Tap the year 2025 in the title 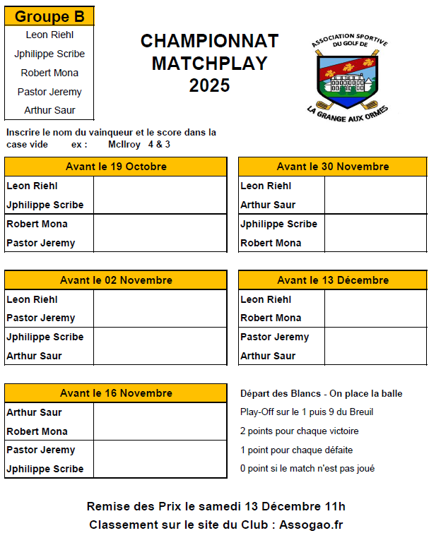pos(209,86)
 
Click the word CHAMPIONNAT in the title pos(209,41)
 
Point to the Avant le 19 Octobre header pos(116,167)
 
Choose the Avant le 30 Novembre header pos(332,167)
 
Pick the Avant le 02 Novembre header pos(116,280)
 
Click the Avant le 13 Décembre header pos(332,280)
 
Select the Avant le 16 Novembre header pos(116,393)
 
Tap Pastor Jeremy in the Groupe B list pos(49,92)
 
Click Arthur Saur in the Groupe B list pos(49,110)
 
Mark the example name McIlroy pos(124,144)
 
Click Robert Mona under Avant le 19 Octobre pos(37,224)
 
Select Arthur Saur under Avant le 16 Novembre pos(34,412)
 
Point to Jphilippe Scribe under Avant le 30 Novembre pos(278,224)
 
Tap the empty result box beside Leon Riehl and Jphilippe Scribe pos(160,196)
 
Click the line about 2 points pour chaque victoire pos(299,431)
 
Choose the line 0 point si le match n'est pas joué pos(307,468)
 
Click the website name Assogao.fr pos(311,525)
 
